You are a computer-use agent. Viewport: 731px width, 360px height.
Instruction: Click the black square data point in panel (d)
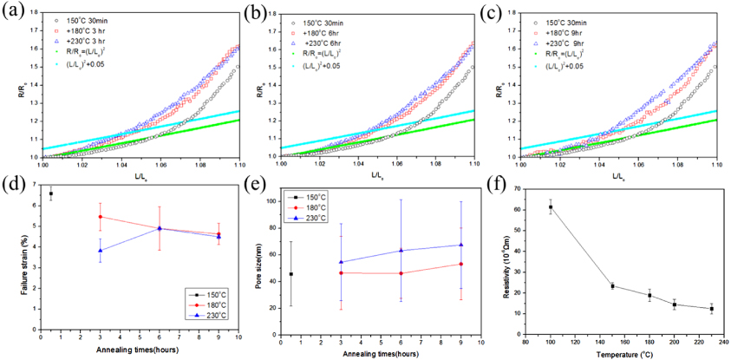click(50, 193)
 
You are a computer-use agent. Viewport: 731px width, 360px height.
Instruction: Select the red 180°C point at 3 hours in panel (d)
click(101, 217)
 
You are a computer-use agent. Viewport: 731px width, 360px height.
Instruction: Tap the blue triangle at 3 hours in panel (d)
click(101, 250)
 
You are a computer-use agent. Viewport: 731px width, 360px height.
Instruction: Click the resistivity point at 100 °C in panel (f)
click(549, 206)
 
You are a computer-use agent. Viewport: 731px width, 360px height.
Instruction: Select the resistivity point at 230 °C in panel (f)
click(711, 308)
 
